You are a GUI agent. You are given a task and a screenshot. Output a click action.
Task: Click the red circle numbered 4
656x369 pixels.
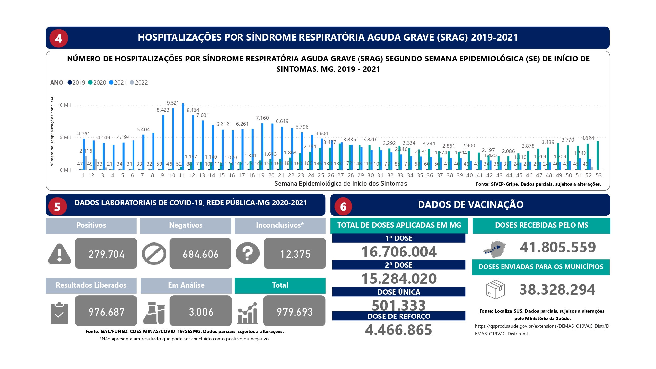click(59, 38)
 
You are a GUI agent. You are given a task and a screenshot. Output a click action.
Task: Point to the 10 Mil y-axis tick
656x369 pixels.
click(64, 105)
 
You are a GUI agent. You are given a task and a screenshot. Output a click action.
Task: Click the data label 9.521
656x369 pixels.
click(173, 103)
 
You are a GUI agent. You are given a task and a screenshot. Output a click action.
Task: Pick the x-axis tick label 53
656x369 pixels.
click(599, 175)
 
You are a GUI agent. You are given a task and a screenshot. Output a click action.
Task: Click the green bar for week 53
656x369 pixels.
click(598, 155)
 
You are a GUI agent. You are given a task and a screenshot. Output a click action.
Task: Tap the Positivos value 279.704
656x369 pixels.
click(106, 254)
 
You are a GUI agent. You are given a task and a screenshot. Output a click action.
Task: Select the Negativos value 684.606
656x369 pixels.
click(200, 254)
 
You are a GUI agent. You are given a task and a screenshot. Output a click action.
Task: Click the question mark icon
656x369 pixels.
click(247, 253)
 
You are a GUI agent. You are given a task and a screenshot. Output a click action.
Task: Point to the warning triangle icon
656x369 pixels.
click(59, 254)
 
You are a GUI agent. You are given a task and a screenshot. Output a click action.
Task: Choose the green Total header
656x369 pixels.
click(280, 285)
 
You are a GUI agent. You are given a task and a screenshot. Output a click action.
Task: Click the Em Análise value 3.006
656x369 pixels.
click(201, 312)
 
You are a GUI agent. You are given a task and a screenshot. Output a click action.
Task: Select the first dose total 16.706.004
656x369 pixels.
click(399, 252)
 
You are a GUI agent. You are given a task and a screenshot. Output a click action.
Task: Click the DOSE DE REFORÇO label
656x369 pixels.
click(399, 316)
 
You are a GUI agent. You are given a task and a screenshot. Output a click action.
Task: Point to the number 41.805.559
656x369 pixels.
click(558, 247)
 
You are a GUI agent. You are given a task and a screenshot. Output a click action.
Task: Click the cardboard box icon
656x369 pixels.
click(495, 290)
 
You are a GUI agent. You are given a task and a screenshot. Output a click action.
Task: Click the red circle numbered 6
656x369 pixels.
click(343, 206)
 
